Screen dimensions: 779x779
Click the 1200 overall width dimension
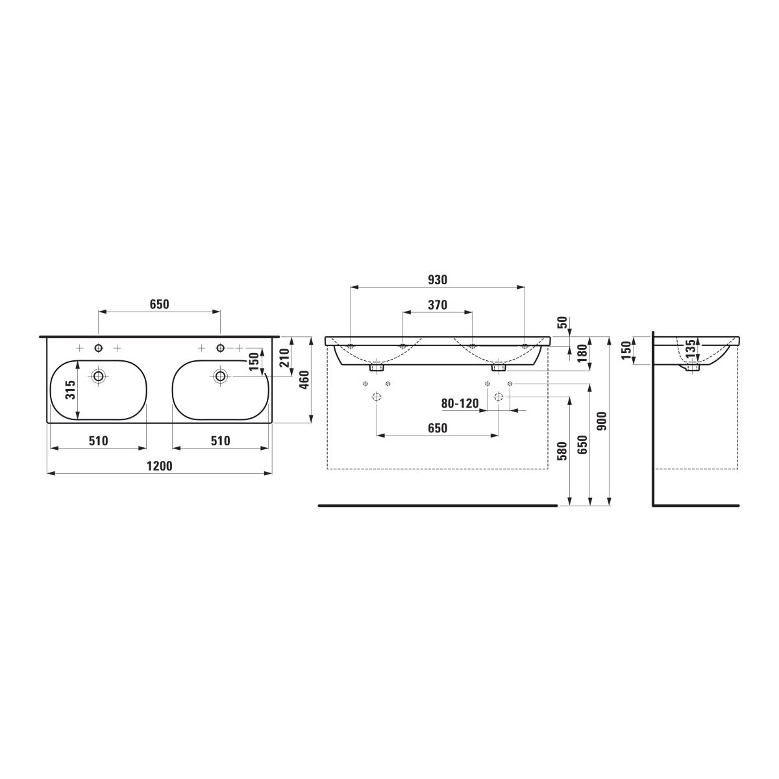point(159,466)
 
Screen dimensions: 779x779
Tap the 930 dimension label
point(438,280)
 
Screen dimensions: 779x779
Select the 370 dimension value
point(438,305)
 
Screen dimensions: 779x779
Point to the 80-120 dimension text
point(460,403)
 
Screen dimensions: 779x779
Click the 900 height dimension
point(602,421)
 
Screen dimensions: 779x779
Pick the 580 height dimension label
point(562,451)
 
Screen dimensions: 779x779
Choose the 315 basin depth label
point(71,389)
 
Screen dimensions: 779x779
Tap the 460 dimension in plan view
point(304,380)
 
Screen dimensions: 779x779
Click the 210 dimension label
point(284,358)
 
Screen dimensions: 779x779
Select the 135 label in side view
point(691,348)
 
